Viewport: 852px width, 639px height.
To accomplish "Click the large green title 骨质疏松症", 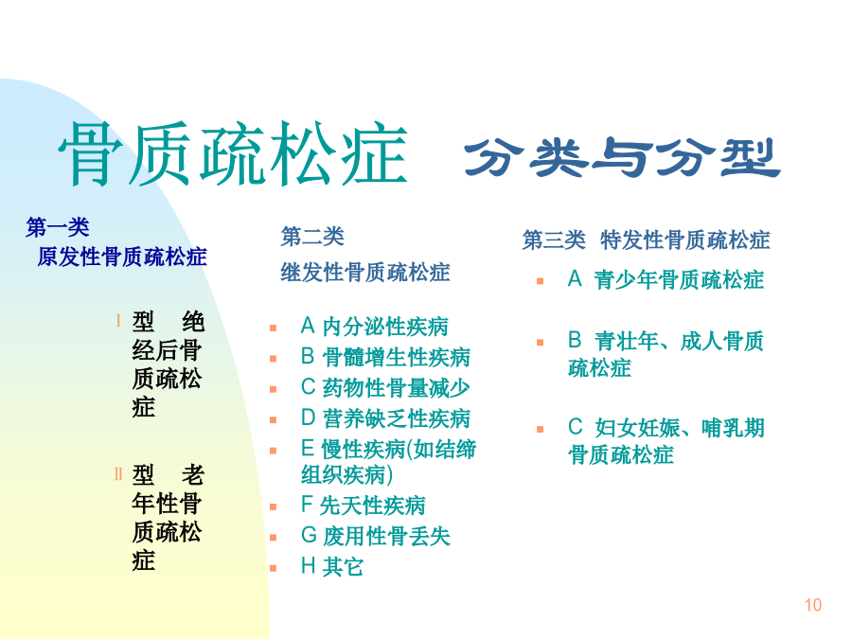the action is (233, 153).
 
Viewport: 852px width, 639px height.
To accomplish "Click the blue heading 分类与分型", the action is (622, 157).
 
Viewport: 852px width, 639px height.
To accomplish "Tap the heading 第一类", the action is (58, 227).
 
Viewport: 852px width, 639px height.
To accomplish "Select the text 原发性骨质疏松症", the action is (122, 257).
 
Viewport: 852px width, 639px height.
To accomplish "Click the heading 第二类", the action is (312, 237).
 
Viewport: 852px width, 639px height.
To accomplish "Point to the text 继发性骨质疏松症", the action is (365, 273).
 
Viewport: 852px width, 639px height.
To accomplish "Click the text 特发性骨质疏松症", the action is (685, 240).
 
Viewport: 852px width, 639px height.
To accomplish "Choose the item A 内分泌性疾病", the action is (374, 327).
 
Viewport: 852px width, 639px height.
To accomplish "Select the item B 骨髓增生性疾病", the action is (385, 357).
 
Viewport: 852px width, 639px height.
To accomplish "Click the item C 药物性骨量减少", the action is (385, 387).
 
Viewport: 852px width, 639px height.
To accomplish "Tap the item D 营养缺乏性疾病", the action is (385, 418).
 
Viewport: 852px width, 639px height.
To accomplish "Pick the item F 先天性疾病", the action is (363, 506).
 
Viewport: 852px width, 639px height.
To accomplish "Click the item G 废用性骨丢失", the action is (376, 537).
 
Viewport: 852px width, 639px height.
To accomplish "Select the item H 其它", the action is (331, 567).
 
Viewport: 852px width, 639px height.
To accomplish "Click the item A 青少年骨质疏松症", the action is (666, 280).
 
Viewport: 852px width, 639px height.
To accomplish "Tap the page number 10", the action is (813, 605).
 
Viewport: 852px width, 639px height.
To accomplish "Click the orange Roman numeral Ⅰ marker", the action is (118, 321).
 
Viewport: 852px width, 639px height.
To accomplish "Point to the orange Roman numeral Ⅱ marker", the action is (118, 474).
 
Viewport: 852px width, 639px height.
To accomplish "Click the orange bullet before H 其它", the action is (274, 568).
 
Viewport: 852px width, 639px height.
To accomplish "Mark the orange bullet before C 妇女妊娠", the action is (541, 429).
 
